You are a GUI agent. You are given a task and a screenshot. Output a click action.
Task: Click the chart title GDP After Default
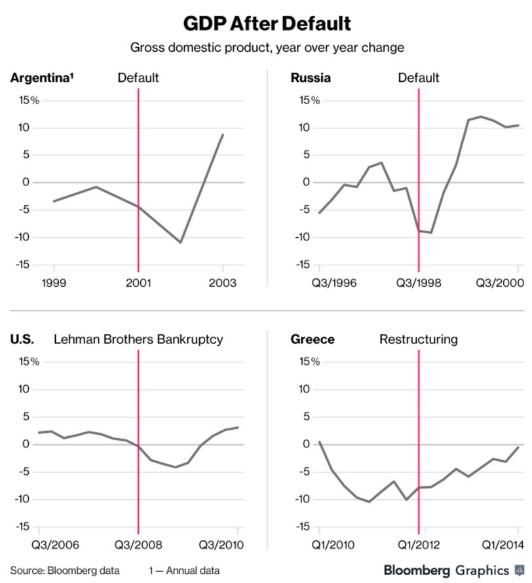[266, 24]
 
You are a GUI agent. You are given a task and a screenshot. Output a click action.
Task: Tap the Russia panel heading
[310, 78]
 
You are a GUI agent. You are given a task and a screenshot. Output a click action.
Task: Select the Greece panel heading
[313, 339]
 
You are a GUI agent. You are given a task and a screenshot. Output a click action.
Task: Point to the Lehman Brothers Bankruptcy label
[138, 339]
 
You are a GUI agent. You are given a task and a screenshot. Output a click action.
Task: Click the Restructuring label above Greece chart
[419, 339]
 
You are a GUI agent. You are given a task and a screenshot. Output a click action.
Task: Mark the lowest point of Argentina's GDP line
[181, 242]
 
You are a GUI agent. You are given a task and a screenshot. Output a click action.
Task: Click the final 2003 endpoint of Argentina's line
[223, 134]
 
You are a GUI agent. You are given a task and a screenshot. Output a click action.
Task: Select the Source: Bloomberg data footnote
[64, 569]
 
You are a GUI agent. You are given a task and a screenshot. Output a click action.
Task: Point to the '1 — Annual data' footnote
[184, 569]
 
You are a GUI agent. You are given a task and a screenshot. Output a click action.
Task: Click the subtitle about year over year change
[266, 48]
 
